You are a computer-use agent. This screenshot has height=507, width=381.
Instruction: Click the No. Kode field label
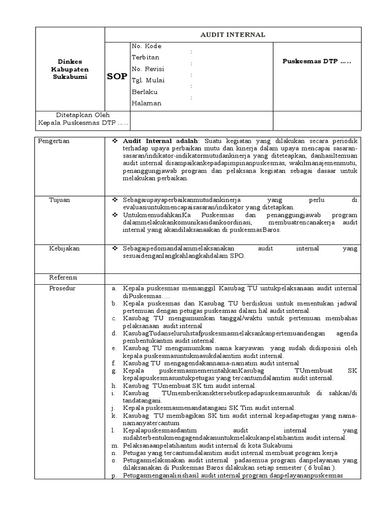point(146,46)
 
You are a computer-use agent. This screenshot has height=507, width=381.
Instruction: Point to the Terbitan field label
point(146,57)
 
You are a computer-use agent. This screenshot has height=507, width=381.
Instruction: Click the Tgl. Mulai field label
point(148,80)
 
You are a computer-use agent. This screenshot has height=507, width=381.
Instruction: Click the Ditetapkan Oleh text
point(83,114)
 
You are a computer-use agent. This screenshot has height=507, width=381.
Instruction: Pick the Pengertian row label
point(54,141)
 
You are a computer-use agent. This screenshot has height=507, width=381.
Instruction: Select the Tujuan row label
point(59,200)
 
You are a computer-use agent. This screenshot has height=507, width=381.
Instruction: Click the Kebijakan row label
point(63,248)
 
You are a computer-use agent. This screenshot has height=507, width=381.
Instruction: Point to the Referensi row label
point(63,277)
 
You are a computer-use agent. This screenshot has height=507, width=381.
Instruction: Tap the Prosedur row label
point(62,288)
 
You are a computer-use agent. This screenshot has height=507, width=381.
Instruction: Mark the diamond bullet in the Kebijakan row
point(115,248)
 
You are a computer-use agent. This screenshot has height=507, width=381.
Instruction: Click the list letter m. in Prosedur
point(114,446)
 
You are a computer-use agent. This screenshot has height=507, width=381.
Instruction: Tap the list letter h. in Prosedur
point(114,386)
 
